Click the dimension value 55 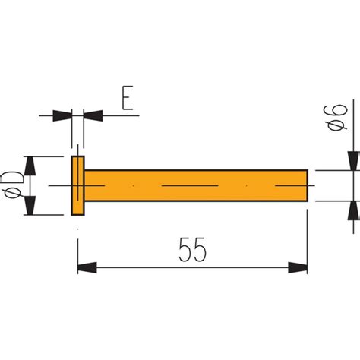(193, 250)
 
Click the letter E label (128, 99)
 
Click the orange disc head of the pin (78, 185)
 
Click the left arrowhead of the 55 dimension (87, 268)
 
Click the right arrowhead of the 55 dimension (298, 268)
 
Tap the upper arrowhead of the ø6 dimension (354, 161)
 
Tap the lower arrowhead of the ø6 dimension (354, 210)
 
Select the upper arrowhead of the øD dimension (30, 165)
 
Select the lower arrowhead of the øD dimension (30, 206)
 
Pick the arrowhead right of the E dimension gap (93, 115)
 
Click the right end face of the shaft (307, 185)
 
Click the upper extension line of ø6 (334, 170)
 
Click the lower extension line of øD (46, 215)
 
